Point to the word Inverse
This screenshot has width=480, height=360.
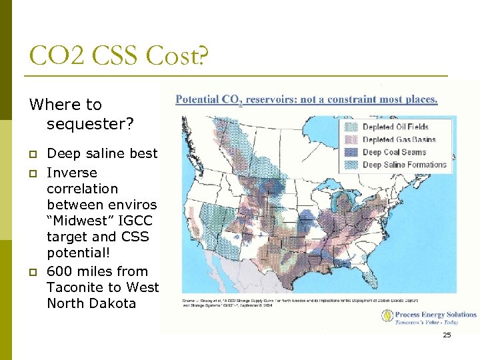click(x=71, y=173)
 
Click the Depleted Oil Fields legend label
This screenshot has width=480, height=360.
click(x=395, y=127)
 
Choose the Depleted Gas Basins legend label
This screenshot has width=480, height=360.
click(x=399, y=139)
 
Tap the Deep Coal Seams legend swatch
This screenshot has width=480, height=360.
click(x=351, y=152)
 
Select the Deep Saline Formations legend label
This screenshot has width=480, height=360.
click(x=404, y=165)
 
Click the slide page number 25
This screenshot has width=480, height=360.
click(x=447, y=335)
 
